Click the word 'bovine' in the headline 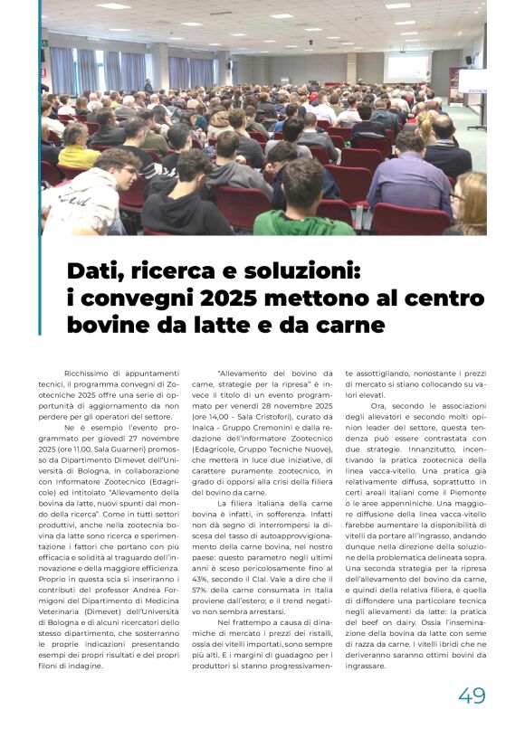click(113, 324)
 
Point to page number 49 click(472, 695)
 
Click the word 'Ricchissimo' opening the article click(88, 373)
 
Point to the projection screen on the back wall click(407, 68)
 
